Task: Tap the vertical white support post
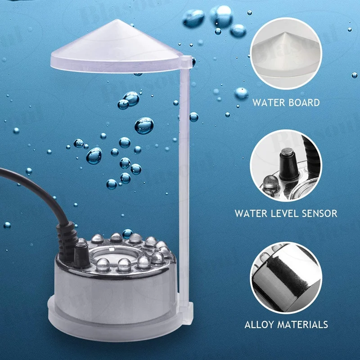click(x=184, y=180)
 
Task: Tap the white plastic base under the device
click(x=112, y=317)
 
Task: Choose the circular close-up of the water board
click(x=286, y=54)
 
